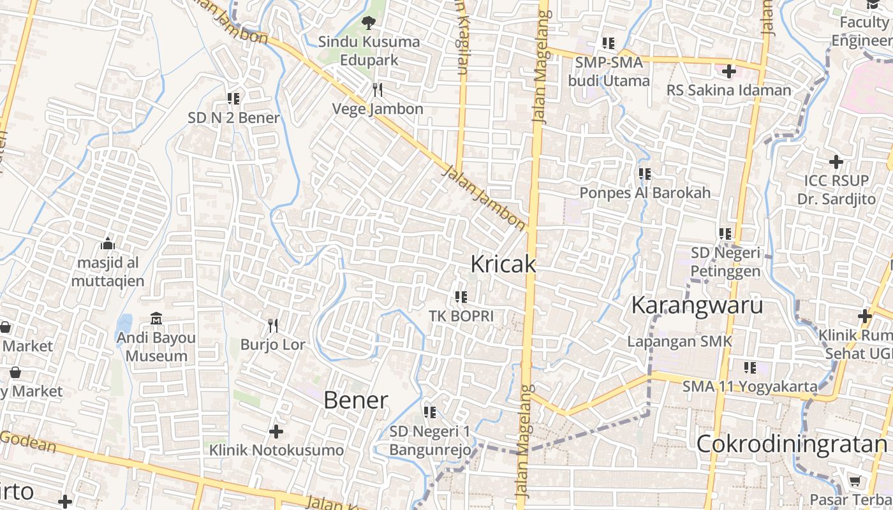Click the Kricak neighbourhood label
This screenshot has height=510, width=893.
click(503, 264)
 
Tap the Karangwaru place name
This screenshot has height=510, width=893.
click(697, 305)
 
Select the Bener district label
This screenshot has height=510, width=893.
click(355, 400)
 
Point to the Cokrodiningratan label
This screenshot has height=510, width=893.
click(792, 444)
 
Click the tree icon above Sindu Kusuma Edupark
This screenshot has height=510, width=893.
click(368, 24)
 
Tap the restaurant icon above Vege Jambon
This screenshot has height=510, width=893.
click(378, 89)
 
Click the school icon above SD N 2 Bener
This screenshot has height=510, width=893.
click(233, 99)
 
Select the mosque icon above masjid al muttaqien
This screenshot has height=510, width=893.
click(108, 244)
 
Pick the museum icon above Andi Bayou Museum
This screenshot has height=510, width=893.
click(156, 318)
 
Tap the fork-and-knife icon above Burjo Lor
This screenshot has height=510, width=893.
click(273, 326)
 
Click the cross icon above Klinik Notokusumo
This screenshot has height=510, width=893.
click(276, 432)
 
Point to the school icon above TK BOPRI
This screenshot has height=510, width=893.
click(461, 296)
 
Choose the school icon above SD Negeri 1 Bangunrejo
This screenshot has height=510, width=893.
click(430, 412)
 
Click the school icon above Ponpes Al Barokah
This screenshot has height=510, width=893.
click(645, 173)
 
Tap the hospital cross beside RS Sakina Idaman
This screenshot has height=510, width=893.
click(729, 71)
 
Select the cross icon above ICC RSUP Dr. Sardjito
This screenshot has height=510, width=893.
click(836, 162)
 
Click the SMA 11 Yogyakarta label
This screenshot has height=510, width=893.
click(749, 386)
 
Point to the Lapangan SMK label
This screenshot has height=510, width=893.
click(679, 341)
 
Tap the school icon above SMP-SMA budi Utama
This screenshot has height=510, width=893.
click(609, 43)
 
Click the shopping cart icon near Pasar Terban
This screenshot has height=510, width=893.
click(855, 481)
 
